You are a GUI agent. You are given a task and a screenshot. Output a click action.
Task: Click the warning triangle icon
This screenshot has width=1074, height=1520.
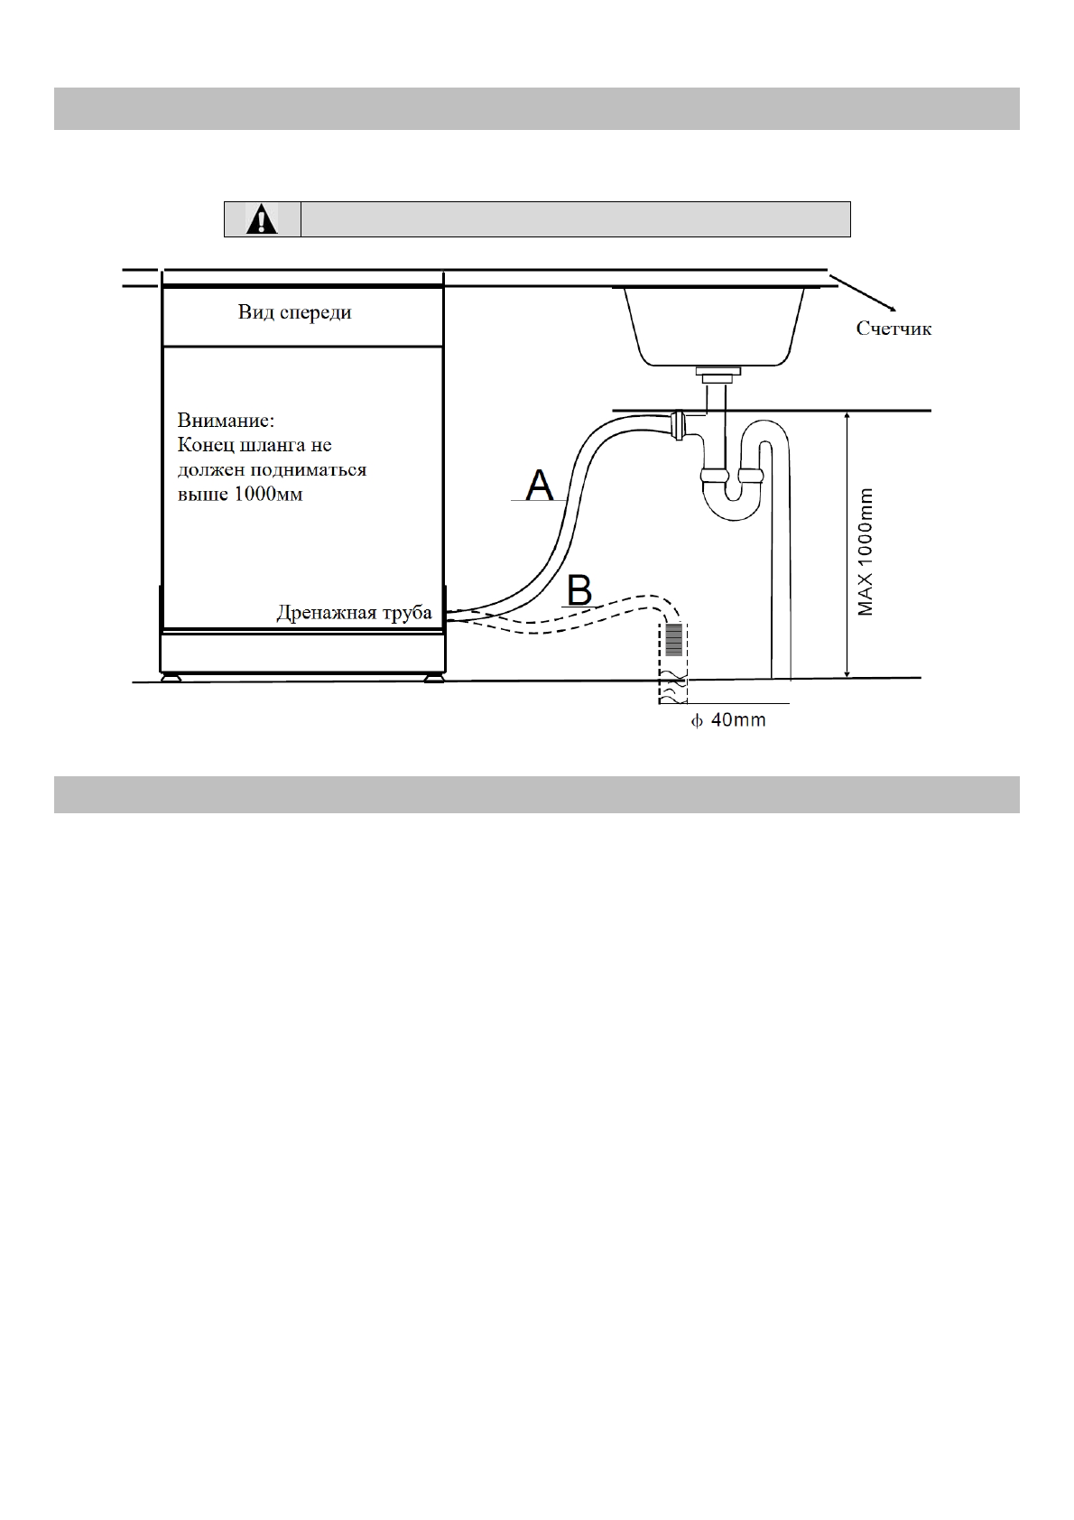(x=262, y=219)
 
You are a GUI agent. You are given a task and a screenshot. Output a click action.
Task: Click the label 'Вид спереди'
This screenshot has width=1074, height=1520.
(x=294, y=313)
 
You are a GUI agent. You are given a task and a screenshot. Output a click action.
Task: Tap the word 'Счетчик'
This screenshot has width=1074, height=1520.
(x=893, y=329)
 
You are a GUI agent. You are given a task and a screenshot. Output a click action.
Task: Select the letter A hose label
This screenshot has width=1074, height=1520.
(x=540, y=485)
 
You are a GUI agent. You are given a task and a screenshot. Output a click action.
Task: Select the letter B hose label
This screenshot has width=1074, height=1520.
(x=579, y=592)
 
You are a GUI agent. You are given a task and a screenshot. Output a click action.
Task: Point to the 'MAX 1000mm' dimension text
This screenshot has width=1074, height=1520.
(x=866, y=552)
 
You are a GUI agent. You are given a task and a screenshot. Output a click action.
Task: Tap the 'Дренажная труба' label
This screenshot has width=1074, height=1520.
(x=354, y=613)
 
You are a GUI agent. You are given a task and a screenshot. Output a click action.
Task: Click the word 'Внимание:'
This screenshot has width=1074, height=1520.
(x=225, y=421)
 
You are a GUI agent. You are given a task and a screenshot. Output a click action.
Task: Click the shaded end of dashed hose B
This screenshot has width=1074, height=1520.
(x=674, y=640)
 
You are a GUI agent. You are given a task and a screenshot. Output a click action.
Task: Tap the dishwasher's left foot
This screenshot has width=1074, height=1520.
(x=170, y=676)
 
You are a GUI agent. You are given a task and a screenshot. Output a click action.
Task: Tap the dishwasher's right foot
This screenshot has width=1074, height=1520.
(x=434, y=676)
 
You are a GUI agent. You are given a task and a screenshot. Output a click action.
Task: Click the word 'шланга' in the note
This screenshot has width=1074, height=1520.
(x=271, y=446)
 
